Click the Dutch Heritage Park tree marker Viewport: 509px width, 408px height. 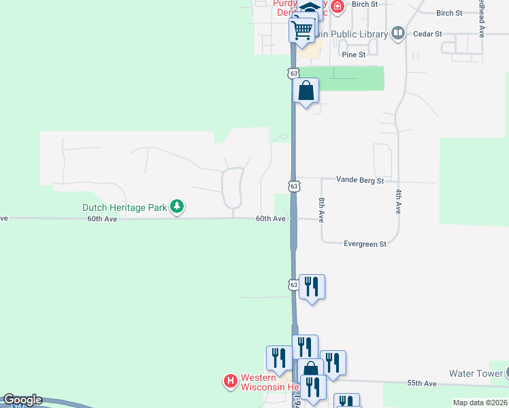tap(177, 207)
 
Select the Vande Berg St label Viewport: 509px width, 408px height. tap(361, 180)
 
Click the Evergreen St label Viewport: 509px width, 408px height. tap(365, 243)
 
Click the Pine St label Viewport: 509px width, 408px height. tap(354, 54)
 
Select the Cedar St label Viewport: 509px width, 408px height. tap(428, 33)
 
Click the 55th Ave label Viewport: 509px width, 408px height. tap(421, 384)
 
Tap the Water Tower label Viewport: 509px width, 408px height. tap(475, 373)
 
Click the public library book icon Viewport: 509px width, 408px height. tap(397, 33)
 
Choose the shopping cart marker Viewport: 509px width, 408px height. tap(301, 29)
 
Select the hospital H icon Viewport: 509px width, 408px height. tap(231, 382)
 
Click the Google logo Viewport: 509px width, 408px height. tap(22, 400)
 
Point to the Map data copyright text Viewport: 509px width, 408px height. tap(480, 403)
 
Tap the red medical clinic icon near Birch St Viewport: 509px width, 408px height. tap(336, 5)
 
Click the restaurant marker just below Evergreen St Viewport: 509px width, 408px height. tap(312, 286)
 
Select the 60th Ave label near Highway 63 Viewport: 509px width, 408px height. tap(270, 219)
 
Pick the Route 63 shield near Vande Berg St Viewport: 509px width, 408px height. tap(293, 186)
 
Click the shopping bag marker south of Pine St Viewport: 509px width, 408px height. tap(306, 91)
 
